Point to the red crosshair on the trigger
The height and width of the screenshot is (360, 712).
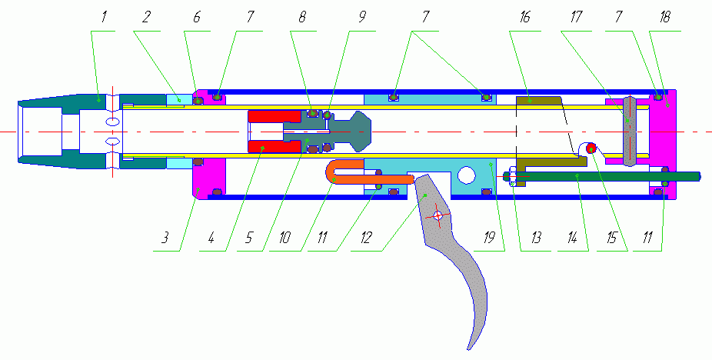pyautogui.click(x=437, y=216)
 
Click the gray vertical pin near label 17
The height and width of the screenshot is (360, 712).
pyautogui.click(x=630, y=131)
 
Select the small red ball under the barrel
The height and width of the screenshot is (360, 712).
pyautogui.click(x=591, y=148)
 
